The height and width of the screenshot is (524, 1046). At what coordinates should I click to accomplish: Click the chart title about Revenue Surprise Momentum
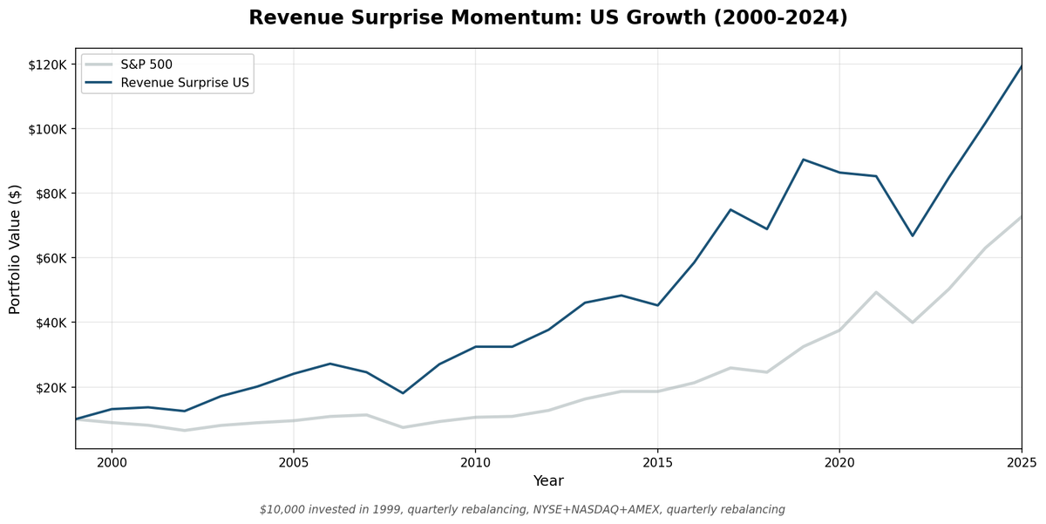[548, 17]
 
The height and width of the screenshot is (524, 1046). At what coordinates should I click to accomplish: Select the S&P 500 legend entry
[146, 65]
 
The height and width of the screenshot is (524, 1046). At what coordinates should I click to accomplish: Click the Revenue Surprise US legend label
[187, 84]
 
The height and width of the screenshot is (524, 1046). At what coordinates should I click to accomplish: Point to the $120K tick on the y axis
[48, 65]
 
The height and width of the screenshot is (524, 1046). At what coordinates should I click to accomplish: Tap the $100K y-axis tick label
[48, 129]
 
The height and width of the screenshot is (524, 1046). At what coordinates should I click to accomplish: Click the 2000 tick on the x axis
[112, 461]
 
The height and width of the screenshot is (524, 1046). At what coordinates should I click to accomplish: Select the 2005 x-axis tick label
[293, 461]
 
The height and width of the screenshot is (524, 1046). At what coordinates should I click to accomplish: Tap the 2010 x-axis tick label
[475, 461]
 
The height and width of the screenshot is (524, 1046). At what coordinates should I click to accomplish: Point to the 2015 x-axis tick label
[657, 461]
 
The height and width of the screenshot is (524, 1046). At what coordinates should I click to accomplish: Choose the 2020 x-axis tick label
[839, 461]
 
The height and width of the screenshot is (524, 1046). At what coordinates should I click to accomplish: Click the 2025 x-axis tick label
[1021, 461]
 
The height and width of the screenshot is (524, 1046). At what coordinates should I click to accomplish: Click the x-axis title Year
[548, 481]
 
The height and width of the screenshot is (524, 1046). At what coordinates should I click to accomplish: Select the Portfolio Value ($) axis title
[15, 249]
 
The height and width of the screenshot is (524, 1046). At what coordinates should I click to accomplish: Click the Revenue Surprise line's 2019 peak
[803, 160]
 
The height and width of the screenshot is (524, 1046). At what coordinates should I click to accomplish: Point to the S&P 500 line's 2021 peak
[876, 292]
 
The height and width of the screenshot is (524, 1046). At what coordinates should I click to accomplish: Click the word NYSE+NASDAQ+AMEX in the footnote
[565, 509]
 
